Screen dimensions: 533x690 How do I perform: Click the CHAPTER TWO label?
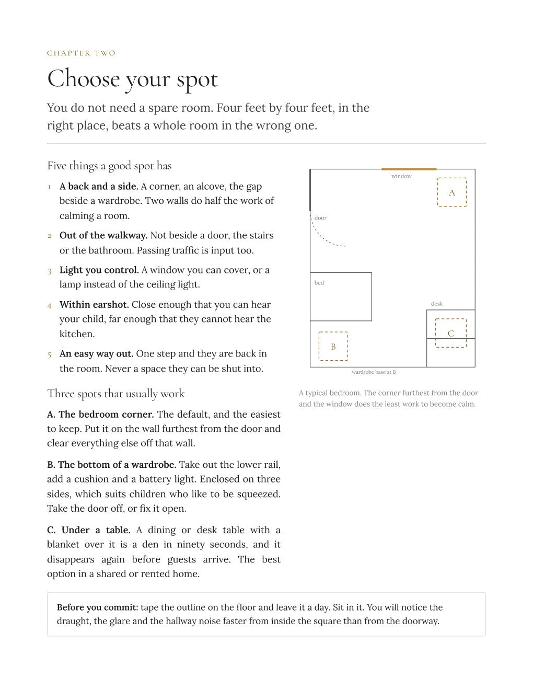point(81,53)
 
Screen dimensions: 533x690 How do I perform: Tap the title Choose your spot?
point(132,79)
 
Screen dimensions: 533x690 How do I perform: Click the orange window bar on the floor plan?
point(409,169)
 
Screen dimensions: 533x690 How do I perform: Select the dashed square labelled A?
point(451,178)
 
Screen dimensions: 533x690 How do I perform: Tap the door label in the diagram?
point(320,218)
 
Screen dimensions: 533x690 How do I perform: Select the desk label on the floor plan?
point(437,304)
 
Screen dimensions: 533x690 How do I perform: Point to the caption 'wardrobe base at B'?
point(374,372)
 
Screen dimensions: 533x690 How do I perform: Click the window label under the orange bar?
point(401,176)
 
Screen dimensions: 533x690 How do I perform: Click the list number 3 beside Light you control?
point(50,271)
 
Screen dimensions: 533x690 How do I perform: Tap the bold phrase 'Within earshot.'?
point(94,305)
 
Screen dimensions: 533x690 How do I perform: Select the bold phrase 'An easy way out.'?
point(96,354)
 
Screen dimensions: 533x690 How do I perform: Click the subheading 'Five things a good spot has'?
point(109,166)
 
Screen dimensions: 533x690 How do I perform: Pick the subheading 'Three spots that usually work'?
point(115,394)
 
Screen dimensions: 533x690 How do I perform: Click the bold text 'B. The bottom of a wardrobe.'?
point(111,465)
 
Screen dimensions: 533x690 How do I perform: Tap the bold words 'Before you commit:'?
point(98,607)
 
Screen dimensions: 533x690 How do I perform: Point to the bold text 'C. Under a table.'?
point(88,530)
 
